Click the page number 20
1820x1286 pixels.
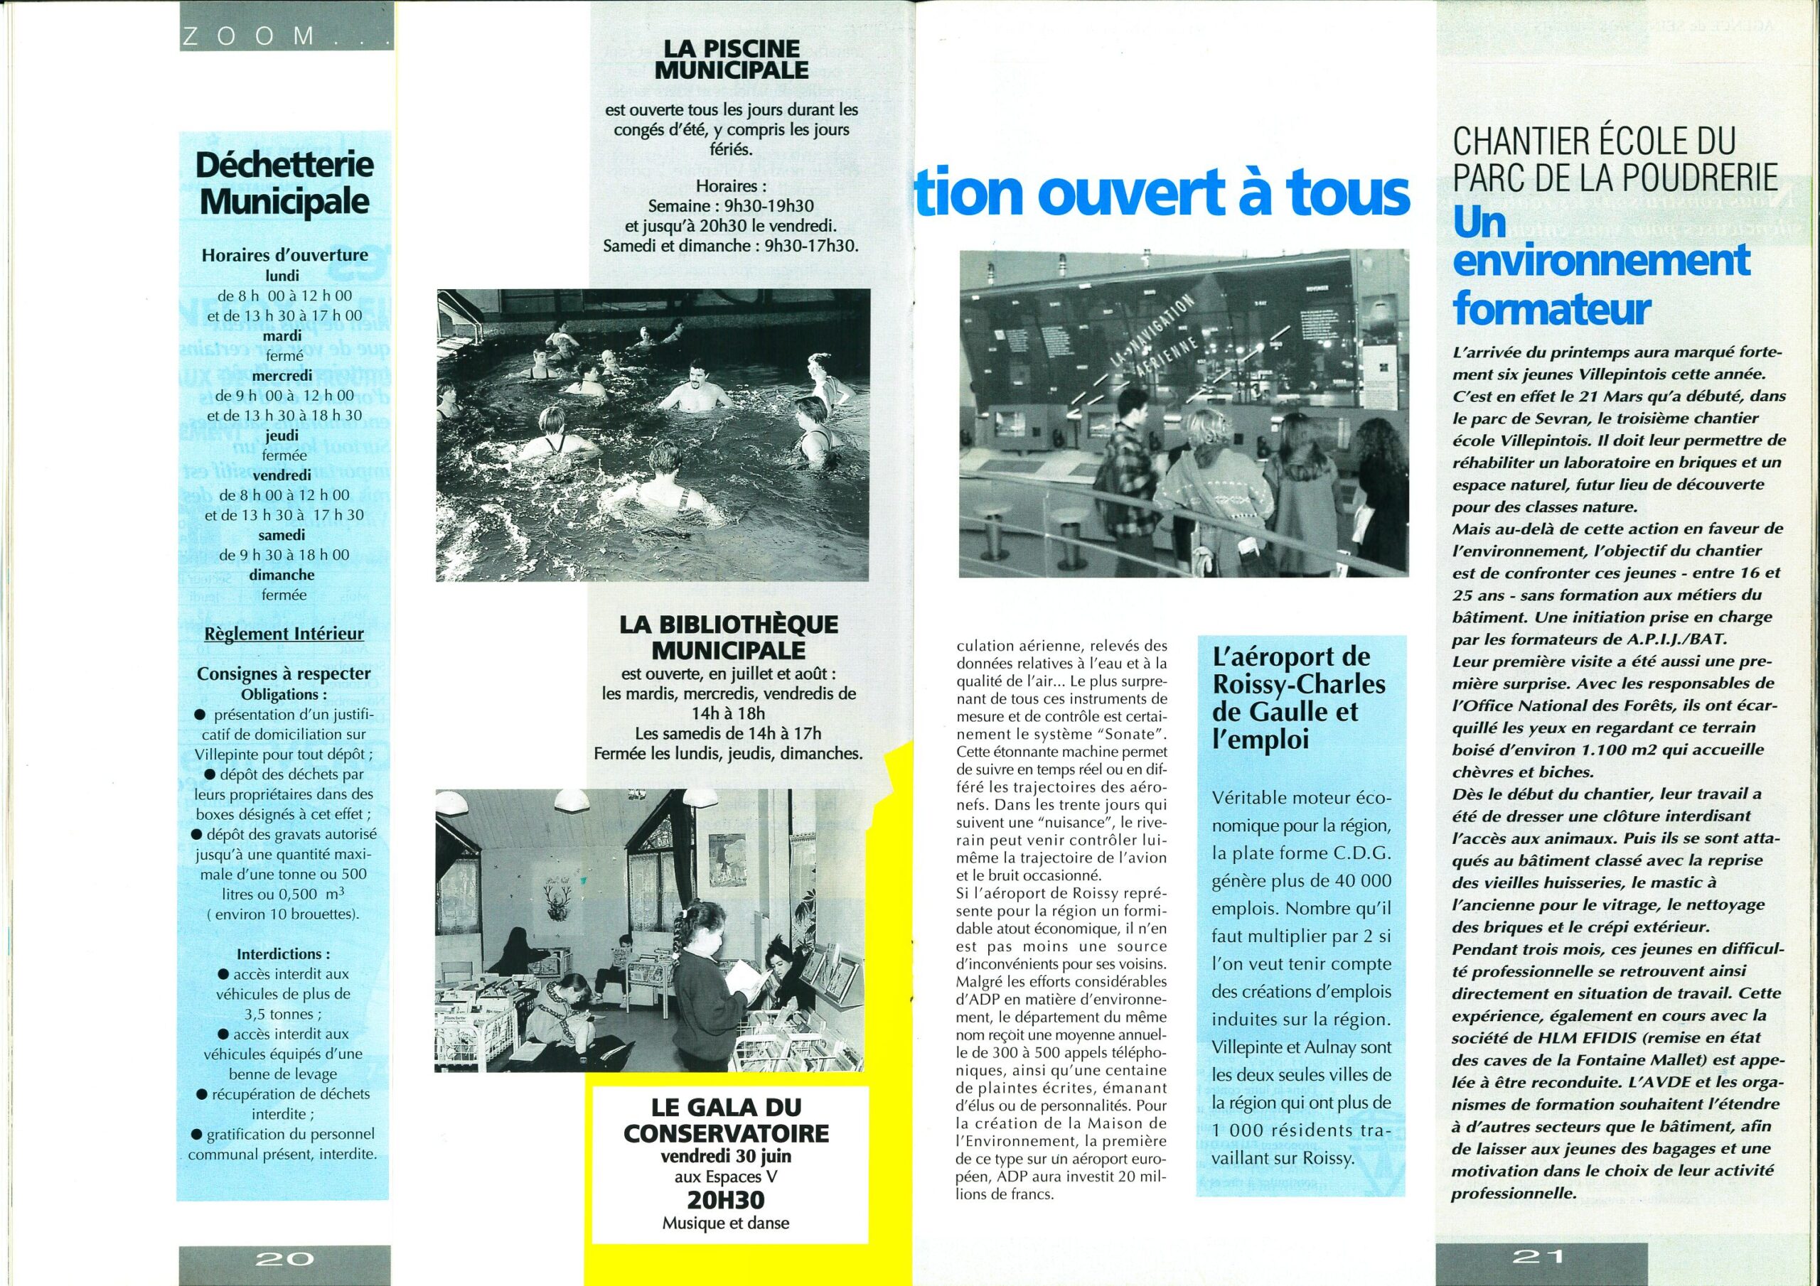[x=284, y=1259]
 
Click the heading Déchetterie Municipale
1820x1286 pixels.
[x=284, y=184]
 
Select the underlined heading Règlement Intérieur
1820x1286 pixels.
[x=284, y=634]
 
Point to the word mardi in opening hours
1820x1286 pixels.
[x=283, y=336]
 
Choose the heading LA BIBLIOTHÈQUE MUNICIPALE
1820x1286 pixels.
[x=728, y=638]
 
